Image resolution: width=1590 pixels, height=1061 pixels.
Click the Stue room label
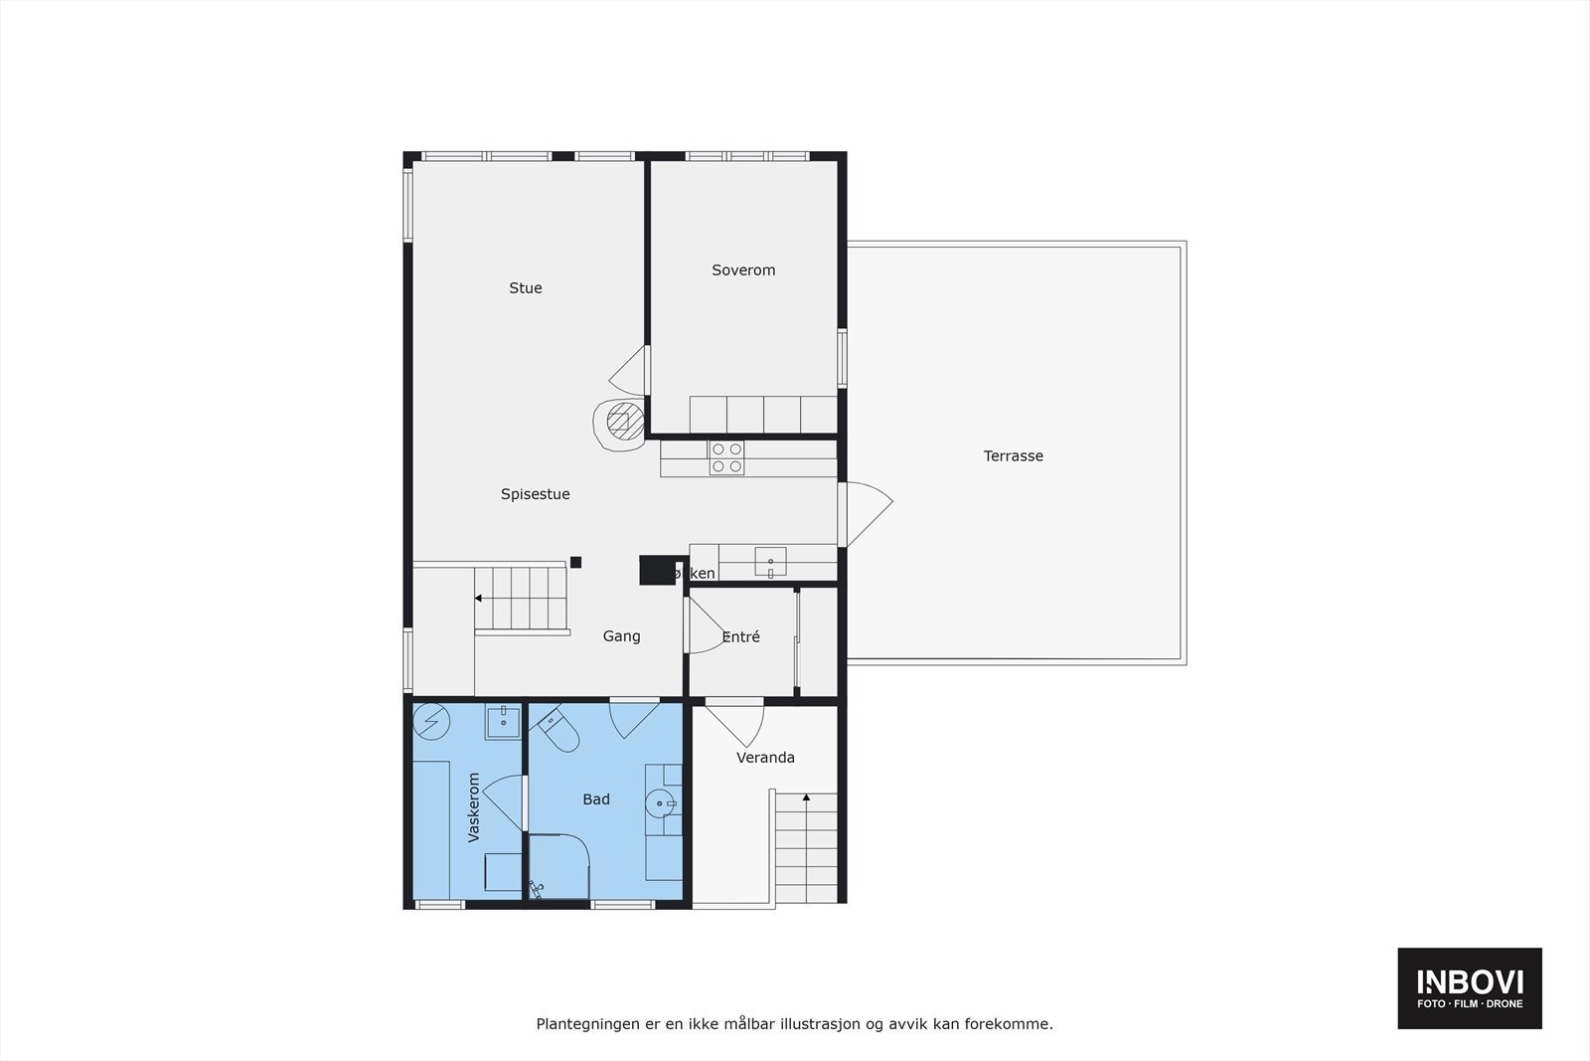coord(526,288)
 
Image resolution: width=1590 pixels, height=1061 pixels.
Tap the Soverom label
coord(743,270)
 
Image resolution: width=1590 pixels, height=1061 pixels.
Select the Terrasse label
coord(1013,456)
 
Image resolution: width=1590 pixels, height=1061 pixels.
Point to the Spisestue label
coord(535,494)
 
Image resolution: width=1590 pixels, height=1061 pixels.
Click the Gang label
coord(621,636)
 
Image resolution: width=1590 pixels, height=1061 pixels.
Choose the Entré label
coord(740,637)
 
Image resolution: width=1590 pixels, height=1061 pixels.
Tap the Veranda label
coord(765,758)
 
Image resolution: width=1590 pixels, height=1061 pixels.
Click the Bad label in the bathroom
coord(596,799)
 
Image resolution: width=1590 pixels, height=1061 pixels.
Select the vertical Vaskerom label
coord(474,807)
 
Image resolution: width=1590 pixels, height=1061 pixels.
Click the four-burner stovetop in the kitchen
coord(726,457)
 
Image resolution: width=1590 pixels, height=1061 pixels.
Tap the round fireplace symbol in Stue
coord(620,423)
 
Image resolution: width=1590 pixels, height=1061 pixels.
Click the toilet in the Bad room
coord(558,730)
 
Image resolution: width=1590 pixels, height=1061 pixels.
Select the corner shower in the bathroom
coord(557,867)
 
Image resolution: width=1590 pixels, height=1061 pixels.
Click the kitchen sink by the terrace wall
coord(770,562)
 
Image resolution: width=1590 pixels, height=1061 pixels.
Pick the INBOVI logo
coord(1470,987)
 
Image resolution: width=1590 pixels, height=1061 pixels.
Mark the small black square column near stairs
coord(575,563)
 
